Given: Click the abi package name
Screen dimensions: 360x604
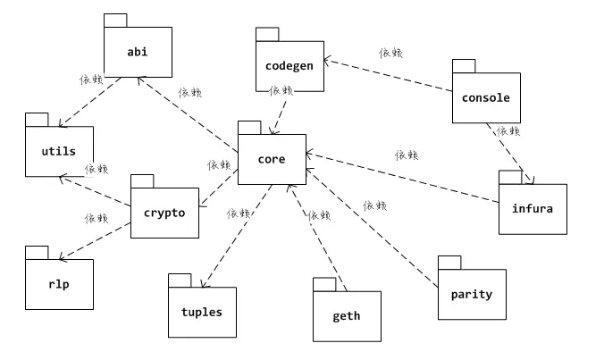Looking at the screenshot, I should pos(137,52).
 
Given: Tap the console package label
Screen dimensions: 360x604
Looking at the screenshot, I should pos(485,97).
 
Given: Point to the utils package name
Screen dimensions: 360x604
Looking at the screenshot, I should pos(59,152).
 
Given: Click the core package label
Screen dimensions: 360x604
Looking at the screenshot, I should pos(271,160).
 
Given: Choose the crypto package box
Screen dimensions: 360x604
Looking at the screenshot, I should pos(164,213).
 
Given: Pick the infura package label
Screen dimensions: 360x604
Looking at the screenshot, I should pos(532,209).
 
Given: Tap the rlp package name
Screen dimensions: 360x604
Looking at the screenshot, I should pos(59,284).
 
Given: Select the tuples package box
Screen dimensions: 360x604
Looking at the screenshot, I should pos(202,312).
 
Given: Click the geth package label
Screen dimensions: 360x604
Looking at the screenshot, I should pos(346,316).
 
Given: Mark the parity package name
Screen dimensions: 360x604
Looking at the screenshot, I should pos(471,294).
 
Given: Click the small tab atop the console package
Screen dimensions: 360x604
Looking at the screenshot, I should pos(463,65).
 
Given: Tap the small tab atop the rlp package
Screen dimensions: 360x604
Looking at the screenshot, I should pos(37,252).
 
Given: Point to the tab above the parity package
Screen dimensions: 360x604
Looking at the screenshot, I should pos(449,262).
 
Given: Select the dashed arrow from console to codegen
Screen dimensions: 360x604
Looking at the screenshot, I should pos(387,76).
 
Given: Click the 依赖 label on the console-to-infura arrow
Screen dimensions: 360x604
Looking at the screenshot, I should pos(508,130).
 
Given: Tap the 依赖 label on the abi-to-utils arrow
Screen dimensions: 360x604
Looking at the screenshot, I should pos(91,79).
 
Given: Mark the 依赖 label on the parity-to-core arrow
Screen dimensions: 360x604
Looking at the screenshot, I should pos(375,205).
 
